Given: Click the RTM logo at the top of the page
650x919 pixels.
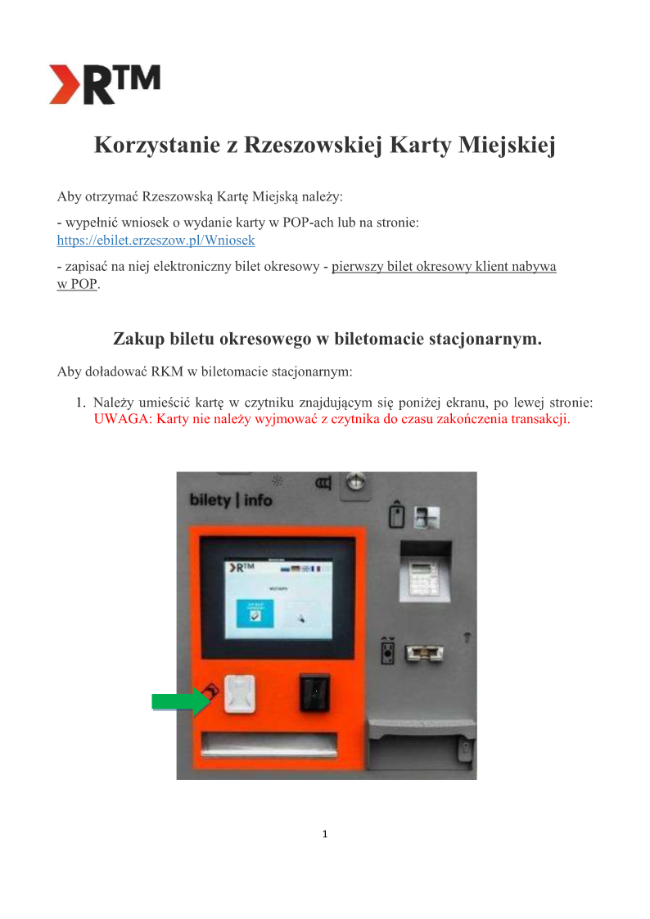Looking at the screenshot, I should [104, 84].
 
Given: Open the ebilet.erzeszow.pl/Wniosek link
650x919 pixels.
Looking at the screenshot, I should [156, 241].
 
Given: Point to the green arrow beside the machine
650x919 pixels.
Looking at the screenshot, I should [181, 701].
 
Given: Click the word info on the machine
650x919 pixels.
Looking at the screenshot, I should [257, 499].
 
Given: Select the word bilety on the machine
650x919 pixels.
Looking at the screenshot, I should [210, 499].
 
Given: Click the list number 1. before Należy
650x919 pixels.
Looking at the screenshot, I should [81, 403].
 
